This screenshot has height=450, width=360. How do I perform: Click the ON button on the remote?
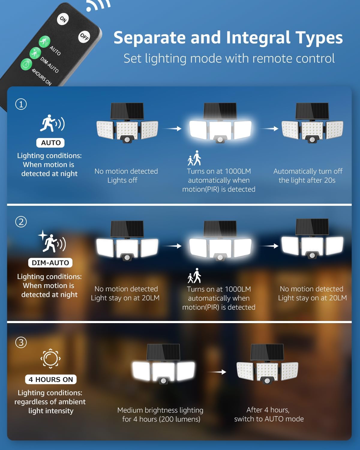pyautogui.click(x=63, y=19)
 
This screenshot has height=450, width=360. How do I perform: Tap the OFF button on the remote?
pyautogui.click(x=84, y=37)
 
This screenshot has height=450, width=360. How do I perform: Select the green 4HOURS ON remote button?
pyautogui.click(x=26, y=64)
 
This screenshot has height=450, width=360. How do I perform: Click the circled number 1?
pyautogui.click(x=21, y=104)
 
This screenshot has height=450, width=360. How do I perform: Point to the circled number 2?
pyautogui.click(x=21, y=222)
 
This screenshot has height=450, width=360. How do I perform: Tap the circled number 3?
pyautogui.click(x=21, y=342)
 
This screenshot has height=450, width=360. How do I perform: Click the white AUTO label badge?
pyautogui.click(x=51, y=143)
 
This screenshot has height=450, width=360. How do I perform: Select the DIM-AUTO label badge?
pyautogui.click(x=50, y=263)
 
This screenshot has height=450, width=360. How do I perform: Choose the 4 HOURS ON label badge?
pyautogui.click(x=51, y=379)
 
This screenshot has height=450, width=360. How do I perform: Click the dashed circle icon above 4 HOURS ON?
pyautogui.click(x=50, y=358)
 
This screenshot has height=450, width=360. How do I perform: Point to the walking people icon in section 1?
pyautogui.click(x=194, y=158)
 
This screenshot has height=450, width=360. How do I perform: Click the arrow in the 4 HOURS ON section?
pyautogui.click(x=217, y=372)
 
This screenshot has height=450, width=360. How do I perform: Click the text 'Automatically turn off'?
pyautogui.click(x=308, y=171)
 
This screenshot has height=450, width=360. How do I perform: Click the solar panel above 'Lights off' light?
pyautogui.click(x=127, y=111)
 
